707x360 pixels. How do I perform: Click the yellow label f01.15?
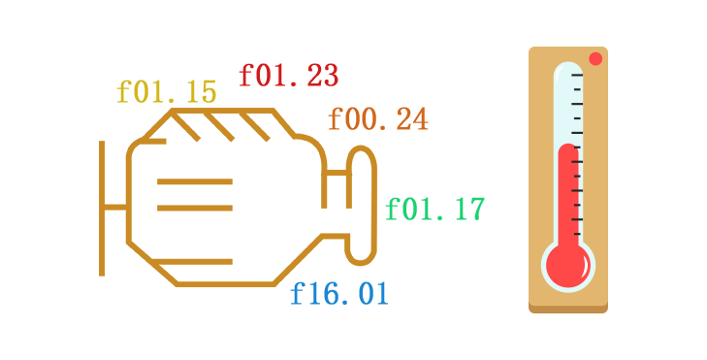click(166, 92)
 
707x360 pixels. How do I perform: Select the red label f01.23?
click(288, 75)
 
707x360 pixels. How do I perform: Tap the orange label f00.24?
click(377, 119)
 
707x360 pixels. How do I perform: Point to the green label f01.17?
click(434, 210)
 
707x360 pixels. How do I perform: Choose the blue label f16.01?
click(339, 293)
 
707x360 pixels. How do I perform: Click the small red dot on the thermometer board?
click(595, 59)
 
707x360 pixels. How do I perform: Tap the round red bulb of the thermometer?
click(567, 265)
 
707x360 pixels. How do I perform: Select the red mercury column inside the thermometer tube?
click(567, 194)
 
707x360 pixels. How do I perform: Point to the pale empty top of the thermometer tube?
click(567, 102)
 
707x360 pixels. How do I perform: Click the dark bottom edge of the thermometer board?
click(568, 309)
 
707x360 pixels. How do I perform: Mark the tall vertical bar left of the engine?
click(102, 208)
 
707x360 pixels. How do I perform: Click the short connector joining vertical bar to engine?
click(115, 207)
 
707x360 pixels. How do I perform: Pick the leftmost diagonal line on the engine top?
click(186, 126)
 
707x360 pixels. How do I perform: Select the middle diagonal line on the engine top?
click(219, 126)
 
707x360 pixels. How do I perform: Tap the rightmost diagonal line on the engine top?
click(254, 126)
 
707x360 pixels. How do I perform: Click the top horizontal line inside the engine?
click(194, 181)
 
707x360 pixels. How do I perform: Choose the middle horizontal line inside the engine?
click(194, 208)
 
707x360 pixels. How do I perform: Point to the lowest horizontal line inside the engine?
click(194, 261)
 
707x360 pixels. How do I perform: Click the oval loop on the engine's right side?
click(362, 205)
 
